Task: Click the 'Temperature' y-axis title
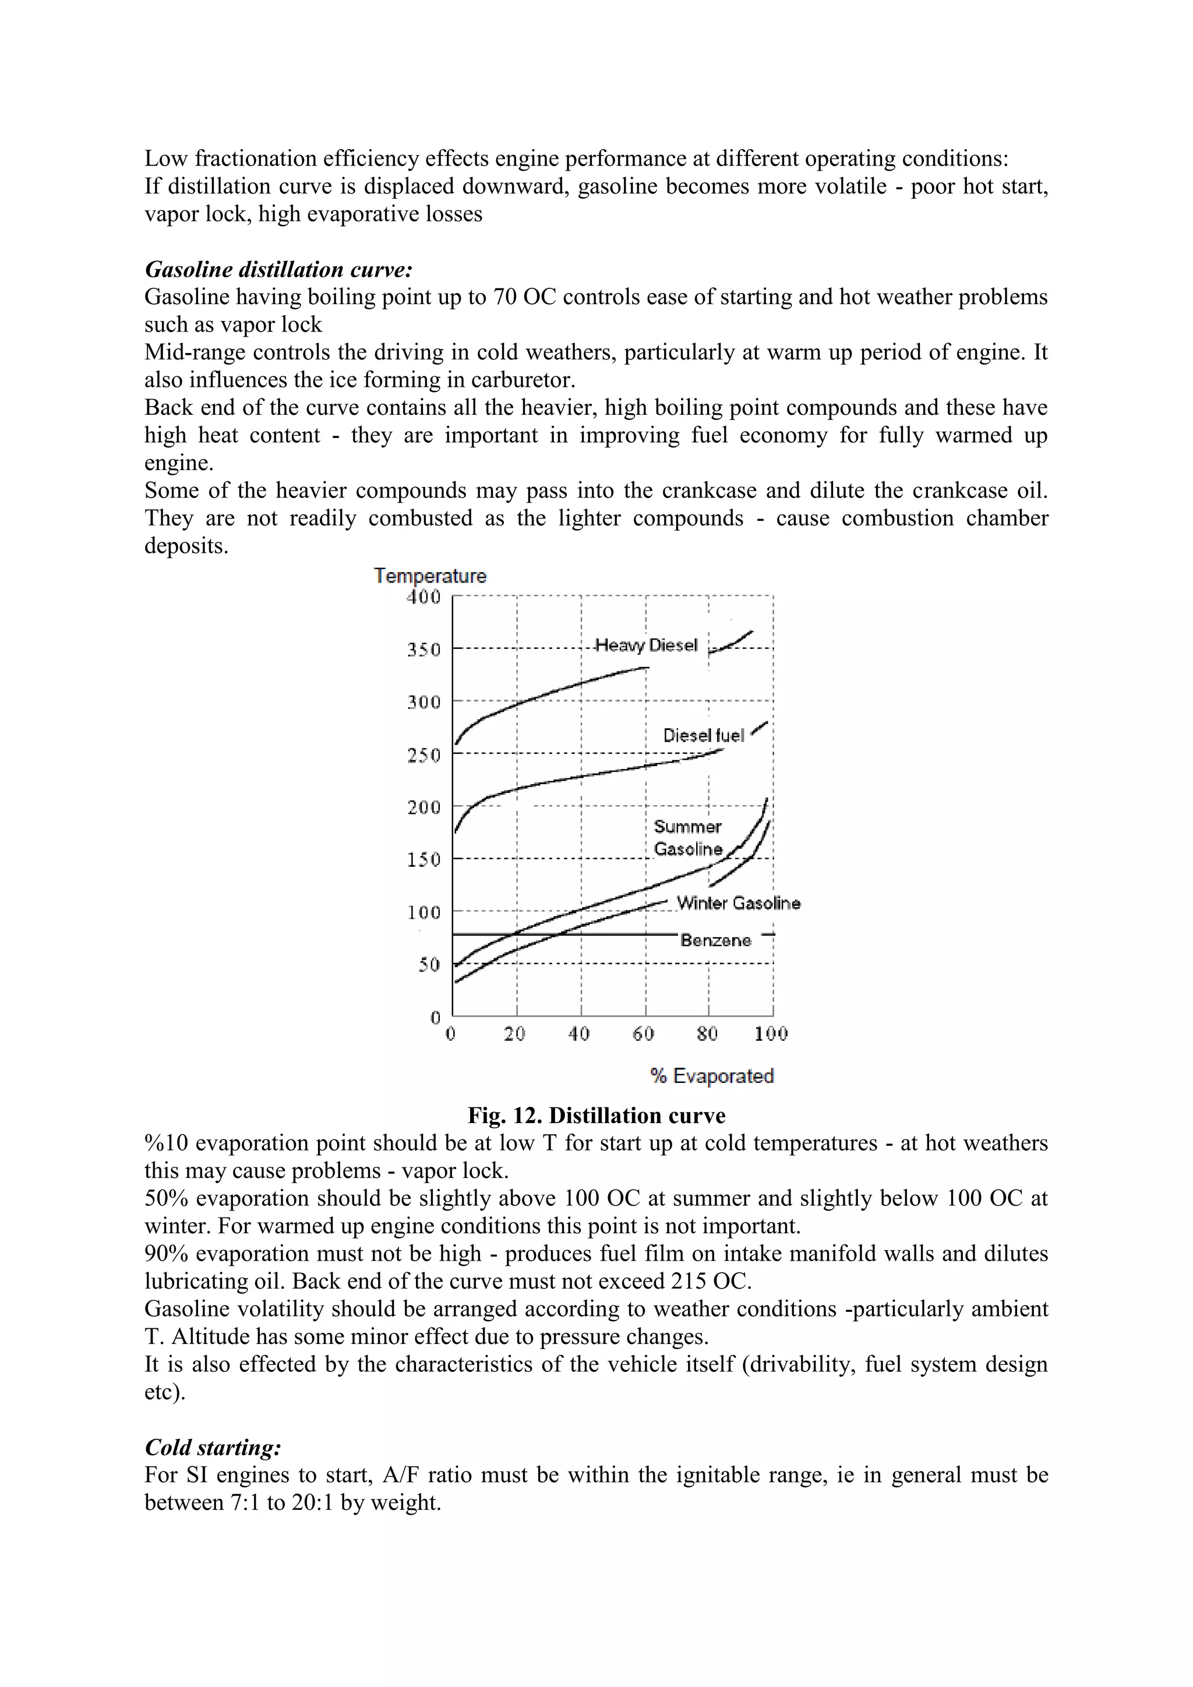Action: pos(430,576)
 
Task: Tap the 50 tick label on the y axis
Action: pos(429,964)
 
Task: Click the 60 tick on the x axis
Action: pos(644,1034)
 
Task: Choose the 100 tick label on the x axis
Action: pos(771,1034)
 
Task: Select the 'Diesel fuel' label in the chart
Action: pos(703,736)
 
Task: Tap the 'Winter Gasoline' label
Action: pos(738,903)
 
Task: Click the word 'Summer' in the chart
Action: pos(687,827)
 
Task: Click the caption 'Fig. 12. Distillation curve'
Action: pos(596,1116)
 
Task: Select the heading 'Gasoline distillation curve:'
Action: pos(279,270)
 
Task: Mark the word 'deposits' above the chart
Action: pos(185,546)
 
